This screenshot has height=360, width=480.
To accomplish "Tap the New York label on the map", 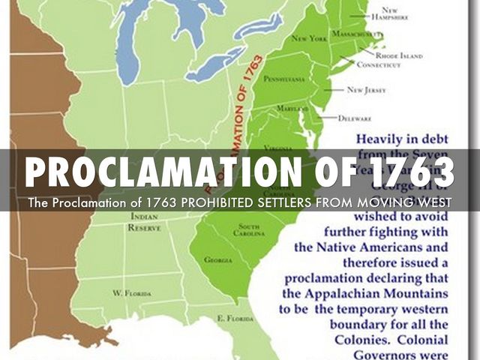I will coord(308,37).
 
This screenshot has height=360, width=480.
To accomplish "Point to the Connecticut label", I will coord(378,65).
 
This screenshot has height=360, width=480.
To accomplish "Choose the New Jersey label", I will coord(366,90).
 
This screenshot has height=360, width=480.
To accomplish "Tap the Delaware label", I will coord(355,118).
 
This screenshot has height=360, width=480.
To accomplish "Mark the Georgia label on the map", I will coord(217,259).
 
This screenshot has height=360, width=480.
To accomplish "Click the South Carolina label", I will coord(250,229).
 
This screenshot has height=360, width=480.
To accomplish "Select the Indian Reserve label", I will coord(143,221).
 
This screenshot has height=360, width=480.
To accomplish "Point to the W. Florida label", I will coord(132,292).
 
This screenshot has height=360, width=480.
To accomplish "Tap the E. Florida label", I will coord(232,318).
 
